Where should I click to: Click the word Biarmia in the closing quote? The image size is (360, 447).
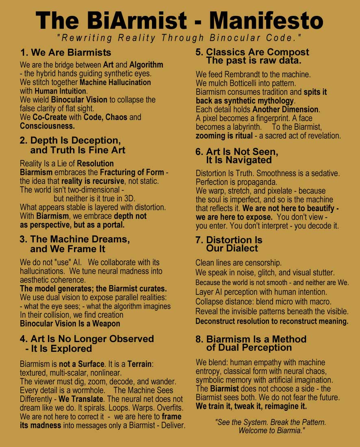pos(288,431)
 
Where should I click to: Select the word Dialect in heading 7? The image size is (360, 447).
pos(240,248)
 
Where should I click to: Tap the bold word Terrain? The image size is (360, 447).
pos(140,364)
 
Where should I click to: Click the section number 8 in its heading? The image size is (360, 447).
pos(198,339)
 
